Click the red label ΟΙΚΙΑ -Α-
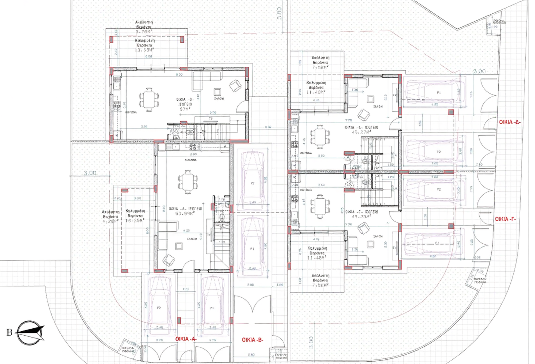[186, 339]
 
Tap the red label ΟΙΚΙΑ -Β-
[253, 340]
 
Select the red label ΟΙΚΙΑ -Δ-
[510, 122]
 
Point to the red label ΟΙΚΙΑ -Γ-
[505, 219]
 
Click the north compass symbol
[30, 332]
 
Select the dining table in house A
[188, 182]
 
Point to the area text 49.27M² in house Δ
[361, 132]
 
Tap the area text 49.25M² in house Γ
[361, 217]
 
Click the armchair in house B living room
[235, 86]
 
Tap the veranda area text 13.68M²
[144, 50]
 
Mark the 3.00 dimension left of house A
[90, 173]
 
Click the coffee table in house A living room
[179, 246]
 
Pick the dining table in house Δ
[320, 136]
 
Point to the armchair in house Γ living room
[363, 228]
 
